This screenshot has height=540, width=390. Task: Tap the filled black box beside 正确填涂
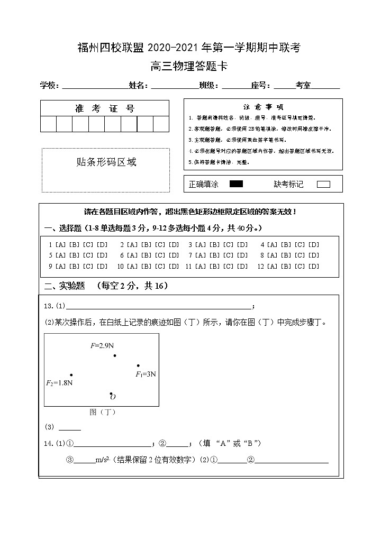pos(236,184)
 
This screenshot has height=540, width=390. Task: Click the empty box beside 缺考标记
pos(323,185)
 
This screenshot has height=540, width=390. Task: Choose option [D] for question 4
pos(314,245)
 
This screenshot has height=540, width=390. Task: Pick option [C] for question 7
pos(229,255)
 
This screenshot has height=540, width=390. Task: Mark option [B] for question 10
pos(146,267)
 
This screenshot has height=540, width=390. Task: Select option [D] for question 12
pos(314,267)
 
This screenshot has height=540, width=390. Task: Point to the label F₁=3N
pos(146,374)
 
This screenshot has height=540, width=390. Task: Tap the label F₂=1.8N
pos(59,383)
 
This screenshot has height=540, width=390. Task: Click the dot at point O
pos(111,393)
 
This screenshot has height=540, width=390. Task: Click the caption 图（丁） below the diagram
pos(102,412)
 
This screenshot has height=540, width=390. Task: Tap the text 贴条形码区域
pos(106,162)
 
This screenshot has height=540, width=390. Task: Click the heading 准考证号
pos(105,109)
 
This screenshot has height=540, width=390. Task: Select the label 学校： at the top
pos(51,86)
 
